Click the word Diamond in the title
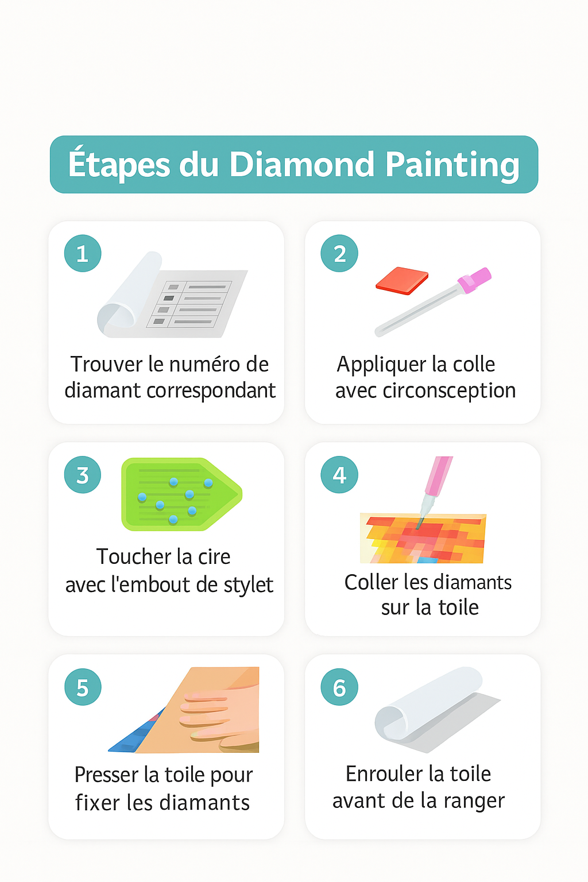pyautogui.click(x=302, y=165)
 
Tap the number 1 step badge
pyautogui.click(x=83, y=253)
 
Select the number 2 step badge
pyautogui.click(x=339, y=253)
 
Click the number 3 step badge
pyautogui.click(x=83, y=475)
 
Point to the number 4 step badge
pyautogui.click(x=339, y=475)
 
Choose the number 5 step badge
pyautogui.click(x=83, y=687)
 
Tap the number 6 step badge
pyautogui.click(x=339, y=687)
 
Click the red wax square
pyautogui.click(x=402, y=280)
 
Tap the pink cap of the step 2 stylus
pyautogui.click(x=475, y=280)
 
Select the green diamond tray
pyautogui.click(x=178, y=494)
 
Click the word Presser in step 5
pyautogui.click(x=106, y=775)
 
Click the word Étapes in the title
pyautogui.click(x=119, y=165)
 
